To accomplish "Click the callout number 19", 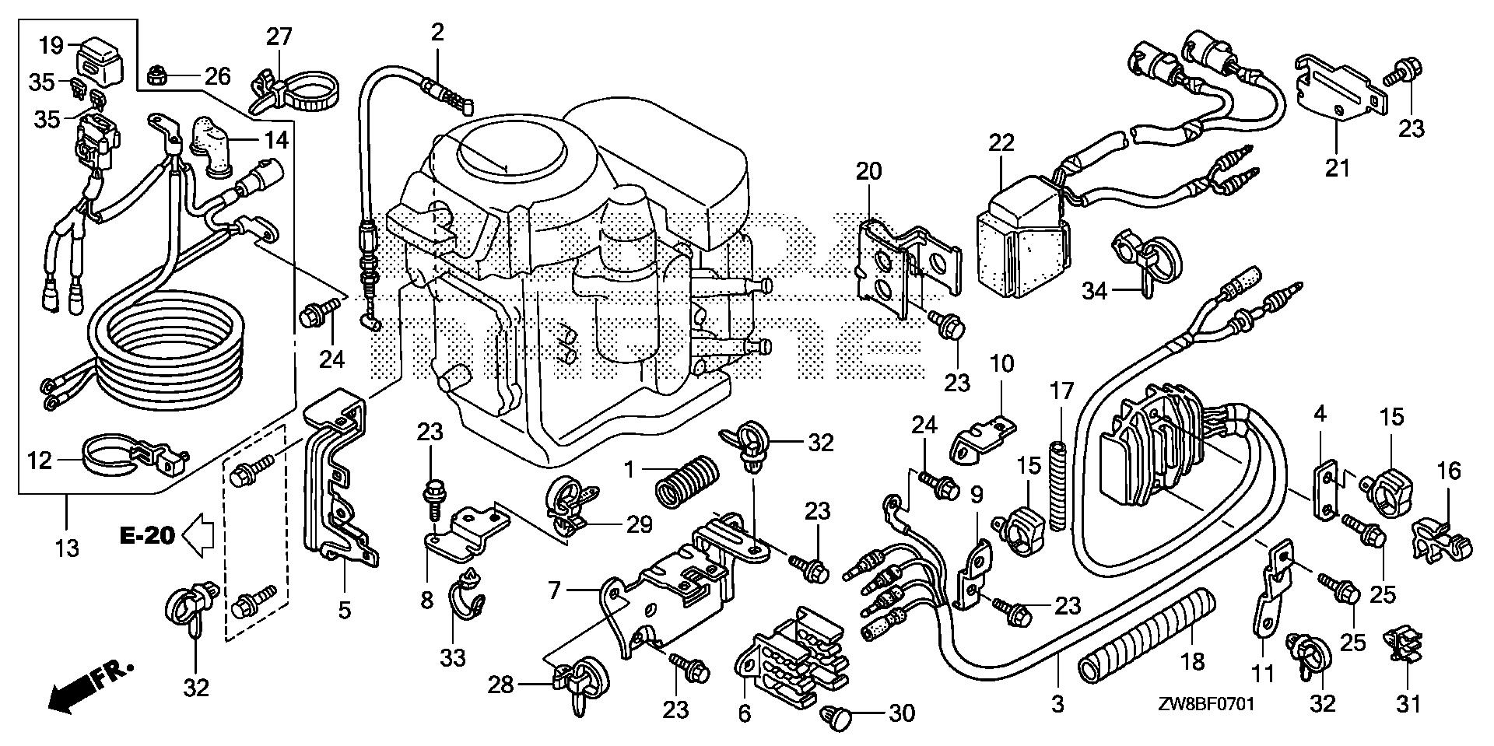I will [x=51, y=44].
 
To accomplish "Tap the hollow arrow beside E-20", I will [x=197, y=535].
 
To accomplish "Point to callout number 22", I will [x=1001, y=143].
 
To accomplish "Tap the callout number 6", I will [x=745, y=713].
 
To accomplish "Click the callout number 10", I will [x=1002, y=362].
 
